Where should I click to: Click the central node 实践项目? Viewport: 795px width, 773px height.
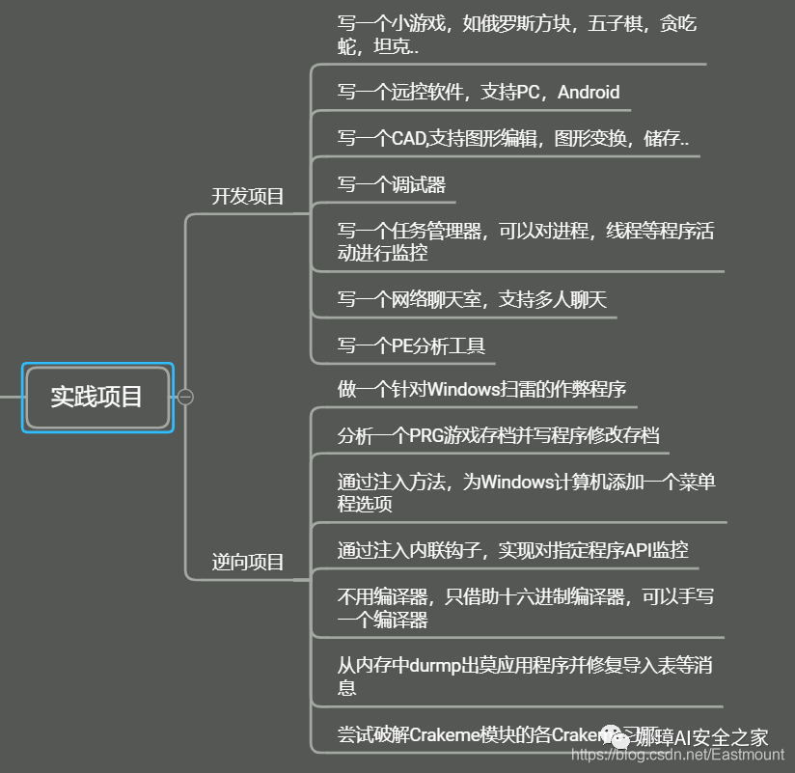96,397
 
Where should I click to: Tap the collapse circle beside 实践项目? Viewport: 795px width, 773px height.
186,397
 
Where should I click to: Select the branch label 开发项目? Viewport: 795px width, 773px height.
248,197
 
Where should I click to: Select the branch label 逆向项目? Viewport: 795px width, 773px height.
248,563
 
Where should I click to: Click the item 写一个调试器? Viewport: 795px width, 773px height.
391,184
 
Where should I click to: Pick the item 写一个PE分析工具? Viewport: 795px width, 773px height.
411,345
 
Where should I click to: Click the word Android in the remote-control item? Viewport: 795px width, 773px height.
589,93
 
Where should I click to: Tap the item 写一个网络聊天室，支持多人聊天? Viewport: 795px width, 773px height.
472,300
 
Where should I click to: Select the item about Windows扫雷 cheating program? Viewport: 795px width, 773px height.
481,389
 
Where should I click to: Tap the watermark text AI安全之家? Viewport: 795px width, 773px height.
724,737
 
